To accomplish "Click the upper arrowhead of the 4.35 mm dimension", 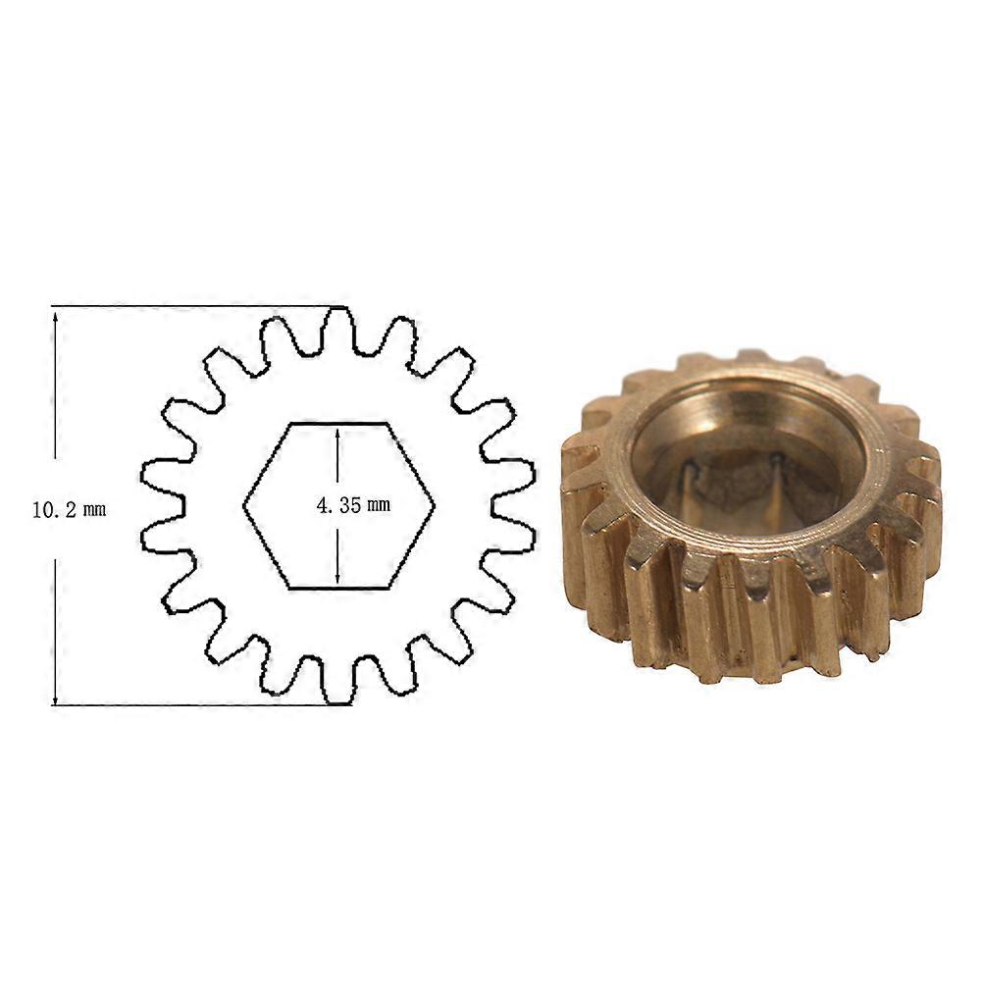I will click(x=337, y=433).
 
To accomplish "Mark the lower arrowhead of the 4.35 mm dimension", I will click(x=337, y=579).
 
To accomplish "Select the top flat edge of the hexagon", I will click(x=338, y=423).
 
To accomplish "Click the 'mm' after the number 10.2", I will click(x=93, y=510).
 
